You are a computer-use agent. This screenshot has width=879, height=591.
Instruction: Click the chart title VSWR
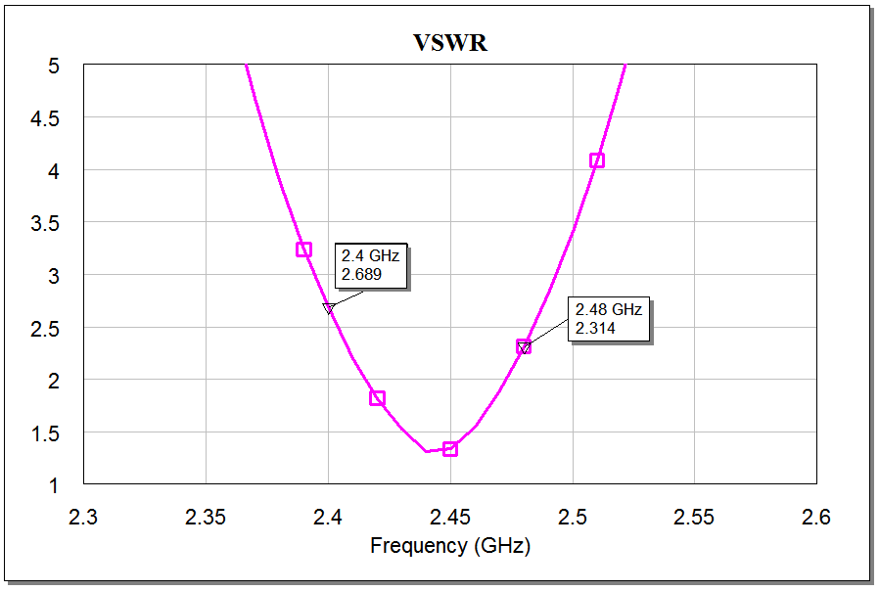449,43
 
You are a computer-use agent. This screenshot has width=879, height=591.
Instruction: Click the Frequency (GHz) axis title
449,546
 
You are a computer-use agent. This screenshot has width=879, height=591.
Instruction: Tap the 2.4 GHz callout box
372,265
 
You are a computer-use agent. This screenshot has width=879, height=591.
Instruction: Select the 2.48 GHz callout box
608,319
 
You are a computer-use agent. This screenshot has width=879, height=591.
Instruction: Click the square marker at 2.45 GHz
450,448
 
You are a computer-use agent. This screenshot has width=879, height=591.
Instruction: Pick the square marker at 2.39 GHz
303,250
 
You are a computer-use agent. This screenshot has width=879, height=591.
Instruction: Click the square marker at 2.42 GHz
377,398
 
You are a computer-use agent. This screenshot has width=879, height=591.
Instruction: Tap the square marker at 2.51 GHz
596,160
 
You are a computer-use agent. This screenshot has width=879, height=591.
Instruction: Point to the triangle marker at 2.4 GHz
329,308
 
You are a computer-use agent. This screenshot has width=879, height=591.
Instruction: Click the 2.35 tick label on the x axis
206,517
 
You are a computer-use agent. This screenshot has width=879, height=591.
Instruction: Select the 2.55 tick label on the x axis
694,517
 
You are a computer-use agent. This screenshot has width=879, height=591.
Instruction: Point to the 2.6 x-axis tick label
816,517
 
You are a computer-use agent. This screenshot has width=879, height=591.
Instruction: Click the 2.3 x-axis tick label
84,517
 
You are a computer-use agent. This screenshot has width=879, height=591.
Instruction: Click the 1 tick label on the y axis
54,485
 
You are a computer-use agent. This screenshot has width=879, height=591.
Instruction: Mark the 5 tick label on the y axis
54,66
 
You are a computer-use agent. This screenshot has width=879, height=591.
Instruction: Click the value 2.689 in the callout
360,275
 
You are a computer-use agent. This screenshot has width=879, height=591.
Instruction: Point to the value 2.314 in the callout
595,329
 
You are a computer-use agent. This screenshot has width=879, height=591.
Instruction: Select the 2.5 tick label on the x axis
573,517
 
